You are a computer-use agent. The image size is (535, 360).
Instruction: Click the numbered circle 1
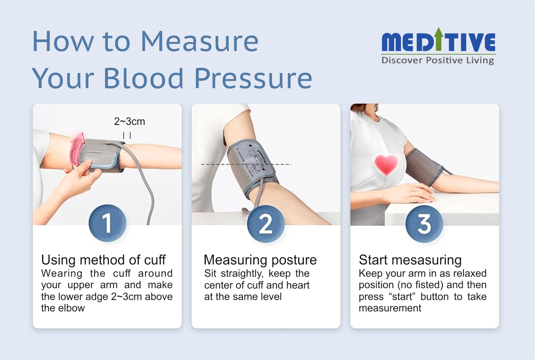pyautogui.click(x=107, y=223)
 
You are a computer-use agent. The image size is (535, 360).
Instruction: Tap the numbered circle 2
pyautogui.click(x=265, y=224)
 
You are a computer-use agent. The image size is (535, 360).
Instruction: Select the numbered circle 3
pyautogui.click(x=424, y=224)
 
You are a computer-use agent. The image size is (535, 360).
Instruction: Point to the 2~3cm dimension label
pyautogui.click(x=129, y=122)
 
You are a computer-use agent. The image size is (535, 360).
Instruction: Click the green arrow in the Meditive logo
pyautogui.click(x=439, y=39)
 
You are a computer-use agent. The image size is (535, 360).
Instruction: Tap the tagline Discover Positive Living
pyautogui.click(x=438, y=60)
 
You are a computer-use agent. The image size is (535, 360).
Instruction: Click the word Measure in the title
pyautogui.click(x=200, y=41)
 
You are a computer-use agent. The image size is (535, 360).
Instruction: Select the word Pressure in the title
pyautogui.click(x=253, y=78)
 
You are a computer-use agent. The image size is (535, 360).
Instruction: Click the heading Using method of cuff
pyautogui.click(x=103, y=260)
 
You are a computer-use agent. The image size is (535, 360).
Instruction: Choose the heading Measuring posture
pyautogui.click(x=260, y=260)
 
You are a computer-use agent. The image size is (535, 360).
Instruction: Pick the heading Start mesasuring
pyautogui.click(x=410, y=260)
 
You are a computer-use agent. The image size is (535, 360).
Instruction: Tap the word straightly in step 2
pyautogui.click(x=242, y=273)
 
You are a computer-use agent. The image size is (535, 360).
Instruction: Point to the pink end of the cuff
pyautogui.click(x=77, y=149)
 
